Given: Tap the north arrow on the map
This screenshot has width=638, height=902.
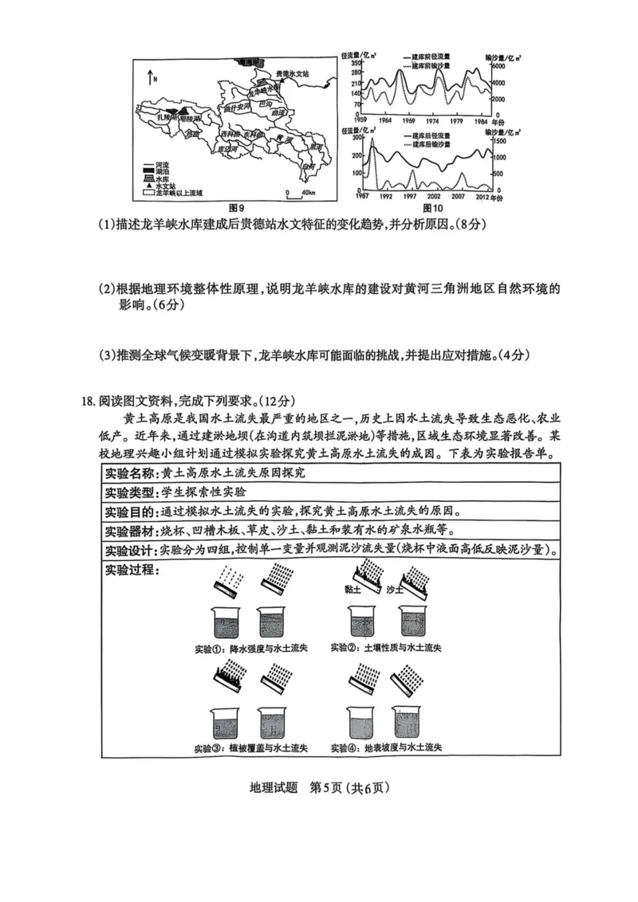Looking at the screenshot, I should coord(149,77).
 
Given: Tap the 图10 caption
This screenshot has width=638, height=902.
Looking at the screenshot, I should coord(431,208).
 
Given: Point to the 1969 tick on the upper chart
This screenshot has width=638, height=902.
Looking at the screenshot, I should coord(408,120).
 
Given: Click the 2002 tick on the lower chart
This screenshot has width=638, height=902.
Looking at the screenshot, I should coord(435,196).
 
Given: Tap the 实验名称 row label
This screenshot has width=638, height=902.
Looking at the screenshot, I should coord(131,473).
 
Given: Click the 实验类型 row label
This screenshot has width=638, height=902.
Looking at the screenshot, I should coord(131,492).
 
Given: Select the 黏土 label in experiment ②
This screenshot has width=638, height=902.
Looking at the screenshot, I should coord(352,590).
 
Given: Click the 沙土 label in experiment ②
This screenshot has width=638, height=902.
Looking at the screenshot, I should coord(395,590).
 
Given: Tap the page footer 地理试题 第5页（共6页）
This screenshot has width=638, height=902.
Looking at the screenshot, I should coord(319,788).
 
